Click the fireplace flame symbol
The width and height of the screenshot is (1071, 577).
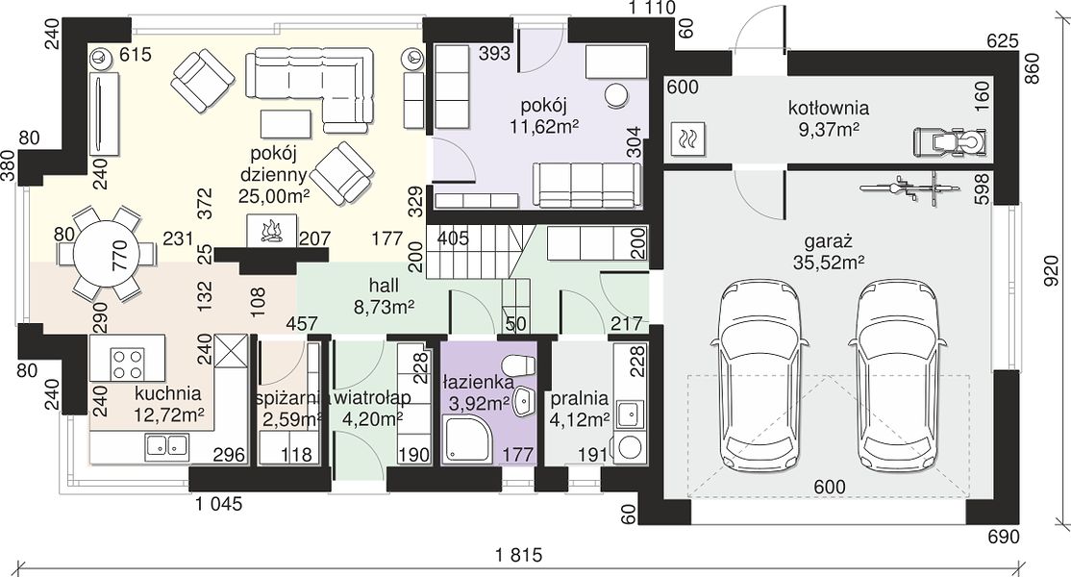point(272,232)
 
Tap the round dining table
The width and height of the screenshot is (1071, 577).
point(108,254)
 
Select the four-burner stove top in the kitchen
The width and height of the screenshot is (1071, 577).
point(128,364)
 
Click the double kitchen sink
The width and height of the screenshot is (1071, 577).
point(166,446)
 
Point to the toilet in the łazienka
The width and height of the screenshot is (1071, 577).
point(518,365)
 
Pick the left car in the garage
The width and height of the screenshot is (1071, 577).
point(759,376)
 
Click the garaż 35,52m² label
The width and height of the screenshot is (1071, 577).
point(829,251)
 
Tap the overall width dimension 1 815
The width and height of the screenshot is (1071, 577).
point(518,555)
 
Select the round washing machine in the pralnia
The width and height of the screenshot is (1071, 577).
point(629,448)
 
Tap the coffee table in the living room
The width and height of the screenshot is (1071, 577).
point(286,123)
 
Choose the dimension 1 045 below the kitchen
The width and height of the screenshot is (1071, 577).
point(218,505)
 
